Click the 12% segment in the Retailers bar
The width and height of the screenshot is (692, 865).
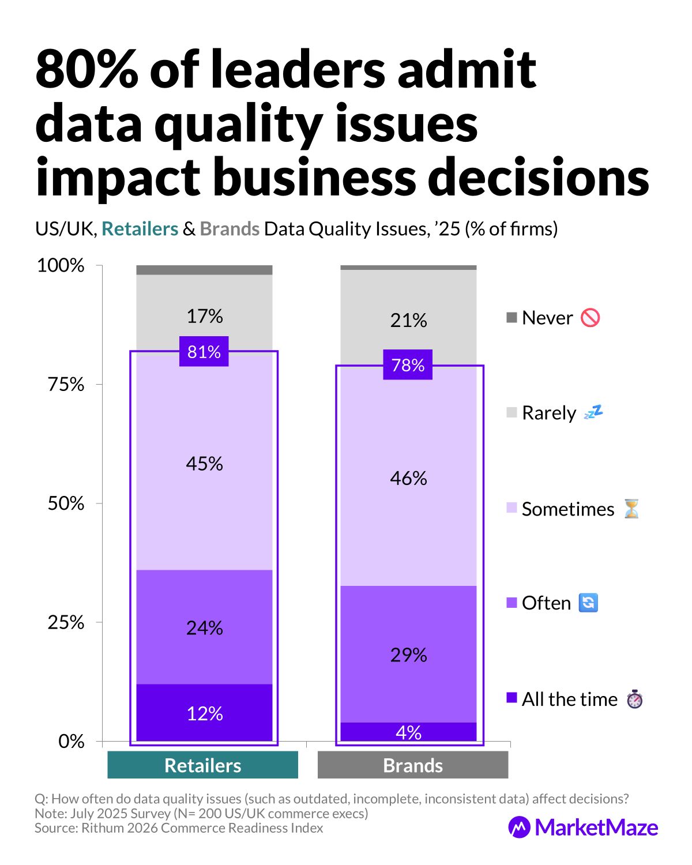click(204, 713)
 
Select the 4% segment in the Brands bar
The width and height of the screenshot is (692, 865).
click(408, 732)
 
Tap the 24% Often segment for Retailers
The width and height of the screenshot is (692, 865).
click(204, 627)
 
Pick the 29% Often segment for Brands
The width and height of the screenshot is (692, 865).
click(408, 655)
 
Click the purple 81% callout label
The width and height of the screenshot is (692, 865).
click(204, 351)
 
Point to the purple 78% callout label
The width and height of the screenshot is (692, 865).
click(408, 364)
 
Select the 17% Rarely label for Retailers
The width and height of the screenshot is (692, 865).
click(204, 316)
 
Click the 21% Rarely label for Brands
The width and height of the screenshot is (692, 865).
click(408, 320)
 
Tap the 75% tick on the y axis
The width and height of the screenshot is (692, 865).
click(66, 384)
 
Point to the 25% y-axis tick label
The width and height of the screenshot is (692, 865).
click(66, 622)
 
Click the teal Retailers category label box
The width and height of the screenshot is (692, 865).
click(203, 765)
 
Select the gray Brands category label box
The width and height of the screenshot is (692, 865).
click(413, 765)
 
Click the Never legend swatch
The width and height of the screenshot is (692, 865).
click(512, 318)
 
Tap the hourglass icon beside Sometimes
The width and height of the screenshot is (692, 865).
click(632, 509)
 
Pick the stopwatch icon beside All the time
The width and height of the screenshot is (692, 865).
click(635, 699)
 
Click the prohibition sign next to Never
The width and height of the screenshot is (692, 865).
click(591, 318)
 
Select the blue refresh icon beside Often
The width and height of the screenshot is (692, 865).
click(588, 603)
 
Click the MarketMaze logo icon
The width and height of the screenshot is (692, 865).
click(519, 827)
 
